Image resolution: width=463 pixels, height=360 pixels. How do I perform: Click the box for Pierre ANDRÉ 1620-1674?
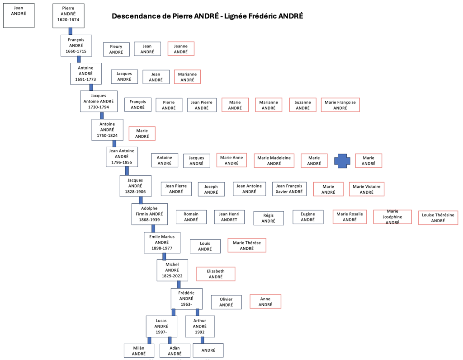click(68, 16)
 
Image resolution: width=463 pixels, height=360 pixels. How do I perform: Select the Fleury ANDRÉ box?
click(116, 49)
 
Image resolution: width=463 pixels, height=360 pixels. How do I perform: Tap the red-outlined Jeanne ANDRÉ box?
click(181, 49)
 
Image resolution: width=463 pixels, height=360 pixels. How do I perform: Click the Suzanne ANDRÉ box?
click(302, 105)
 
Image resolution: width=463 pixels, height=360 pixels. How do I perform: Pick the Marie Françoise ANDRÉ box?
click(340, 105)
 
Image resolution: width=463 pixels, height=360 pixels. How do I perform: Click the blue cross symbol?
click(342, 161)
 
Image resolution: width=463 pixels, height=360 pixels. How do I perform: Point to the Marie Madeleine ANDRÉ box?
click(274, 160)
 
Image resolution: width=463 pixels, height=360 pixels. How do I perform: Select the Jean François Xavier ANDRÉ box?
click(289, 189)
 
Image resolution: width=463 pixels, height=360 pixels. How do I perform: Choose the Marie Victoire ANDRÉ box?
click(366, 189)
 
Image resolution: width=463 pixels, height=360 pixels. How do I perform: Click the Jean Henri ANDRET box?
click(229, 217)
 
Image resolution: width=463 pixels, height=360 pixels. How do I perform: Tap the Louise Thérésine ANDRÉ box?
click(438, 218)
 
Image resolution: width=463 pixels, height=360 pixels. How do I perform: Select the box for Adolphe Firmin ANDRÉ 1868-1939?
click(149, 214)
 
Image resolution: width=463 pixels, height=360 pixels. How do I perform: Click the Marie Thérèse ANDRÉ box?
click(247, 245)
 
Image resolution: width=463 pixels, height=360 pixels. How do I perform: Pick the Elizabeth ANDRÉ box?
click(216, 274)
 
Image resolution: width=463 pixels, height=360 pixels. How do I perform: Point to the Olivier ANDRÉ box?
click(226, 302)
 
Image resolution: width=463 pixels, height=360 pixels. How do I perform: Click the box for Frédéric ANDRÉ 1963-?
click(187, 299)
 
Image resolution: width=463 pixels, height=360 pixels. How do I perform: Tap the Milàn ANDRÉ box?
click(139, 351)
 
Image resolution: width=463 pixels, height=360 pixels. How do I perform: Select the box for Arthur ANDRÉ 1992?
click(200, 327)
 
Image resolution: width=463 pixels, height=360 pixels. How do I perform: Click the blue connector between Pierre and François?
click(70, 31)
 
